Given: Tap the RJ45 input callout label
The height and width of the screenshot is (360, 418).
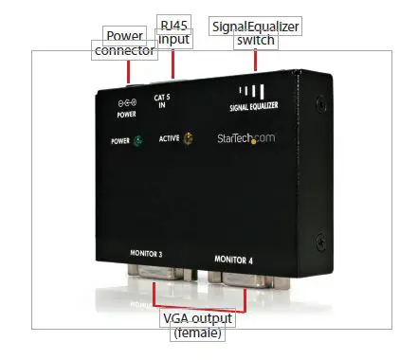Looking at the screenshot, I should click(173, 32).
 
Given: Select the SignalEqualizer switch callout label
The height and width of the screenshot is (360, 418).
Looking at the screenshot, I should click(256, 35).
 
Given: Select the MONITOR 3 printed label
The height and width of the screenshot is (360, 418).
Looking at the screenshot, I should click(152, 253).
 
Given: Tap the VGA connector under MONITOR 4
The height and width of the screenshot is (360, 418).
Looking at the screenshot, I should click(245, 283).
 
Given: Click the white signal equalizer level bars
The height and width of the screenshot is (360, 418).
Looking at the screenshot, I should click(251, 93).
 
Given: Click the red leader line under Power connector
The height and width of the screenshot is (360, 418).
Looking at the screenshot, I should click(129, 72).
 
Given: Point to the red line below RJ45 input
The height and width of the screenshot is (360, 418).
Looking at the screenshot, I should click(173, 63).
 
